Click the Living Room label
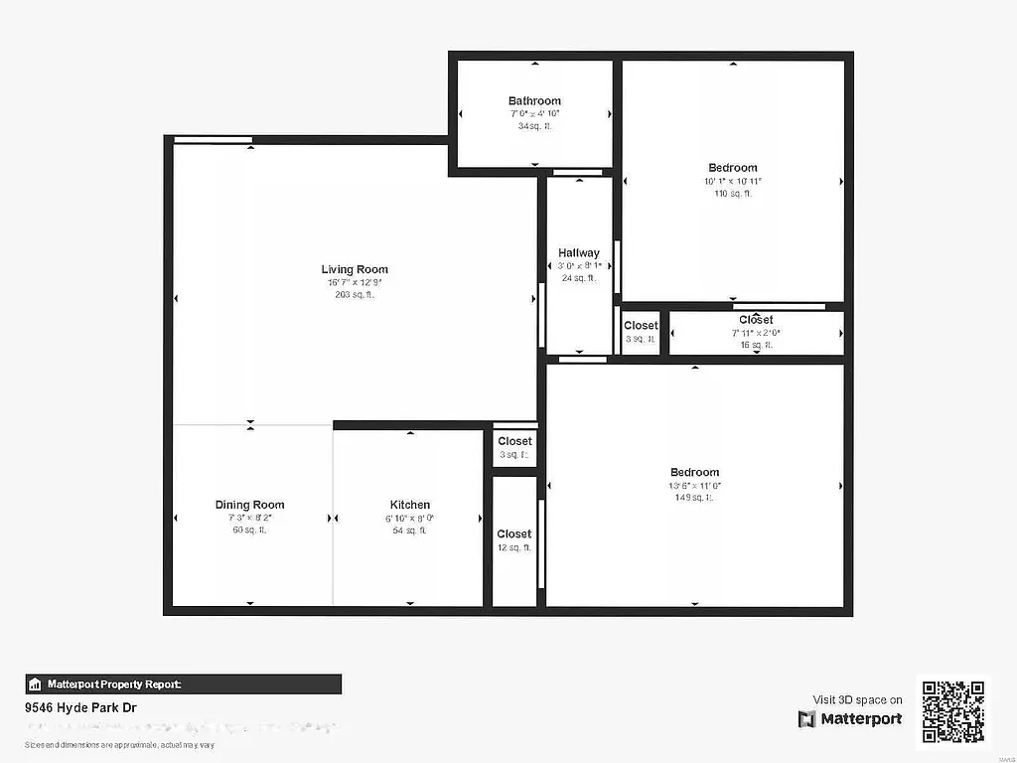[355, 269]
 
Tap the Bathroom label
[534, 100]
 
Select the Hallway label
[579, 253]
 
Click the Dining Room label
[250, 505]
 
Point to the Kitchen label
[409, 505]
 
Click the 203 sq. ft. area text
[355, 294]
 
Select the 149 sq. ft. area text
[694, 498]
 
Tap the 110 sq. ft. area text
[733, 194]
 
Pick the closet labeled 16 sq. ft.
[756, 333]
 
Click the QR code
[952, 710]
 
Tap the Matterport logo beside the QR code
[850, 718]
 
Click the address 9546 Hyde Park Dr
[80, 708]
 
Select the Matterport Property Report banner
[184, 684]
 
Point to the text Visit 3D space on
[857, 699]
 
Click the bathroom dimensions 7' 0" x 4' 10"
[534, 114]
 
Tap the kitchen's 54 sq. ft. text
[409, 531]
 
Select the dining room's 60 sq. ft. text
[250, 531]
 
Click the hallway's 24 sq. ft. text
[579, 279]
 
